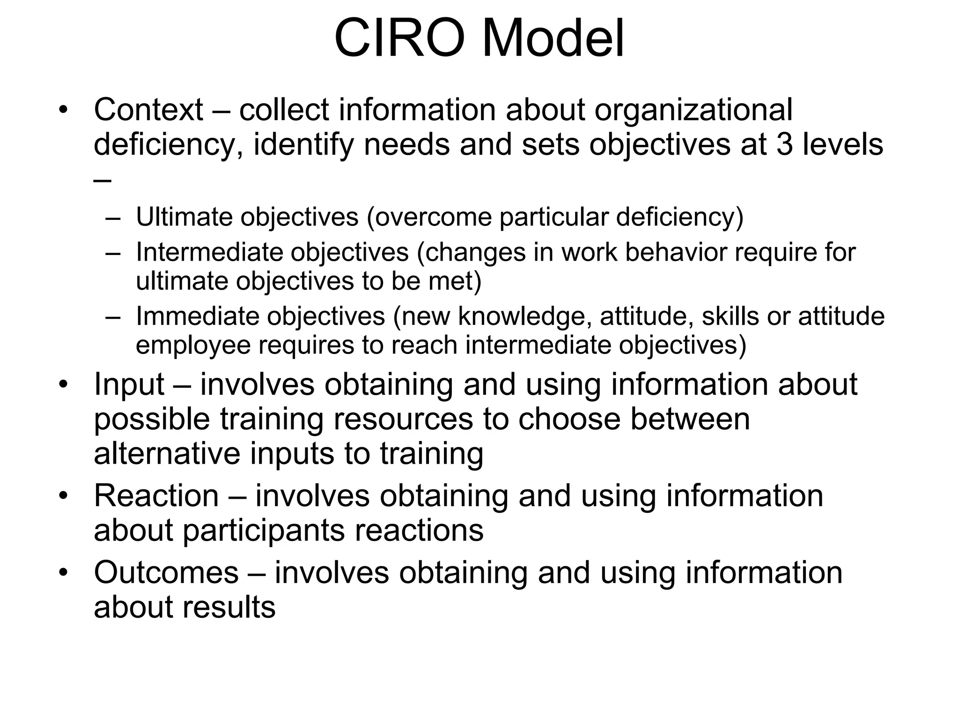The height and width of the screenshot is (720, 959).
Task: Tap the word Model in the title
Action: point(553,38)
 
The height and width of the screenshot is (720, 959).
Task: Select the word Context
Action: point(148,110)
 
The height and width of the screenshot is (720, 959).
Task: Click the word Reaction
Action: point(156,496)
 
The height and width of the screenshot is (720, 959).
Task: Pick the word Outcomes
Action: point(166,573)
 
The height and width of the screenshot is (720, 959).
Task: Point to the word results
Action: point(229,607)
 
